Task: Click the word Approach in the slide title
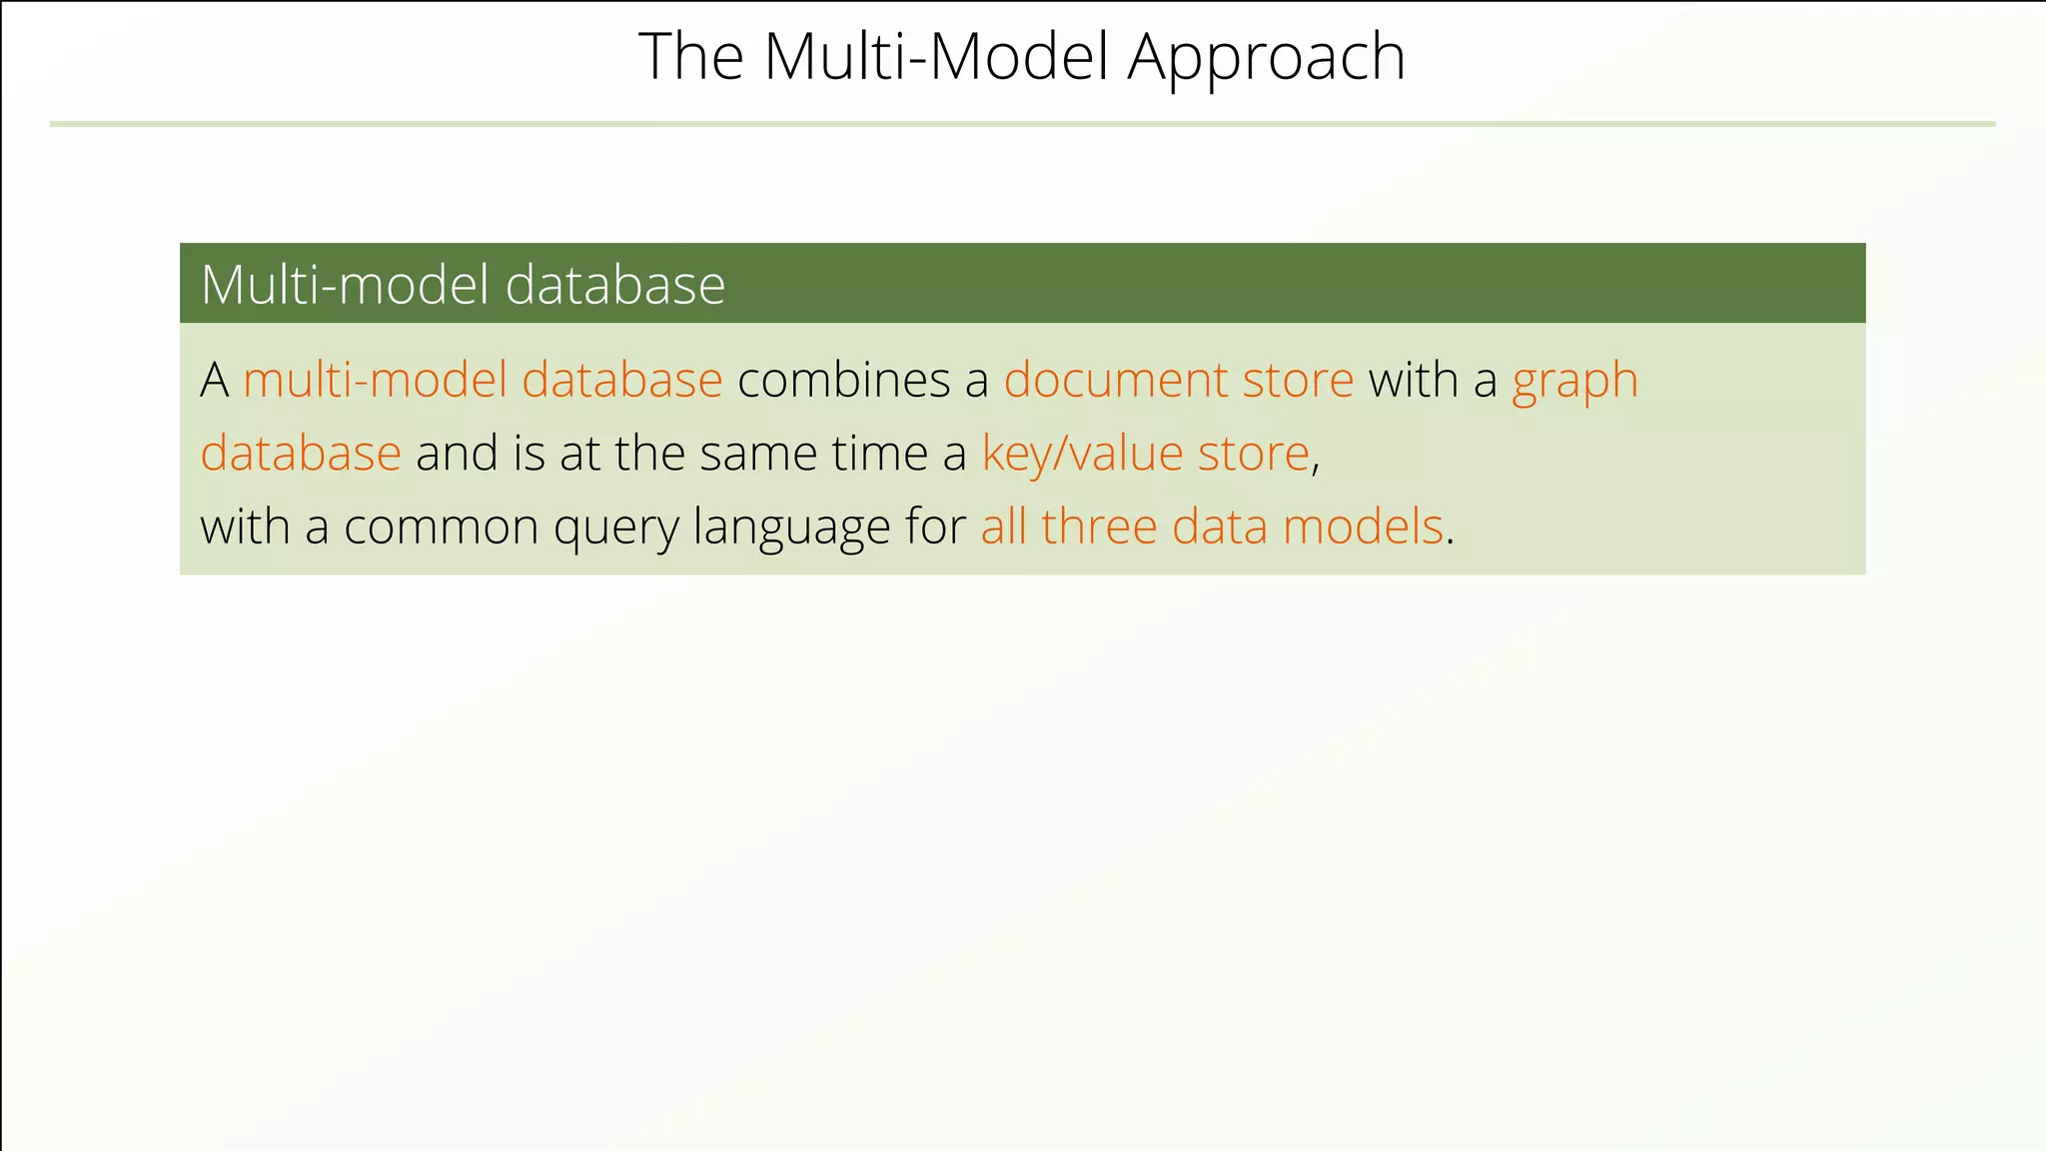1266,58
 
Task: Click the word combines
843,381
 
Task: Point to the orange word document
1115,381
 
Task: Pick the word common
441,528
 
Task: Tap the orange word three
1098,527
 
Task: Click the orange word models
1363,527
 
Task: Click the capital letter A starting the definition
215,381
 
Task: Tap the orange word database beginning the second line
300,455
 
